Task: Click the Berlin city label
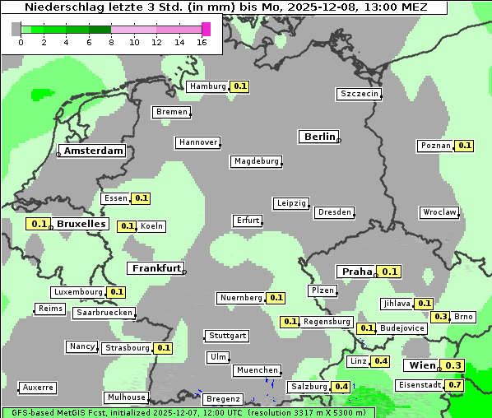[x=319, y=137]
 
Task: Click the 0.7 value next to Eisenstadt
[x=455, y=385]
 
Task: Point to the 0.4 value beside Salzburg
[x=341, y=387]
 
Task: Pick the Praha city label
[x=357, y=272]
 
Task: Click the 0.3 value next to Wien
[x=453, y=365]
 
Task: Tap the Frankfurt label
[x=155, y=268]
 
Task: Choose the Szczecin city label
[x=360, y=94]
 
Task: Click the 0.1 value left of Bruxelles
[x=38, y=224]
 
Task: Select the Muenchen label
[x=257, y=371]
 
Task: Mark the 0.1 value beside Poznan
[x=465, y=146]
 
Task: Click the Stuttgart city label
[x=227, y=336]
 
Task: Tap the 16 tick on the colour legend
[x=202, y=42]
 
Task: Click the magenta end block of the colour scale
[x=206, y=29]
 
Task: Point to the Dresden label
[x=335, y=212]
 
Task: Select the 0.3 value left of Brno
[x=441, y=317]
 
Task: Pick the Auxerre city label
[x=38, y=387]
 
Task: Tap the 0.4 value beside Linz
[x=381, y=361]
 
